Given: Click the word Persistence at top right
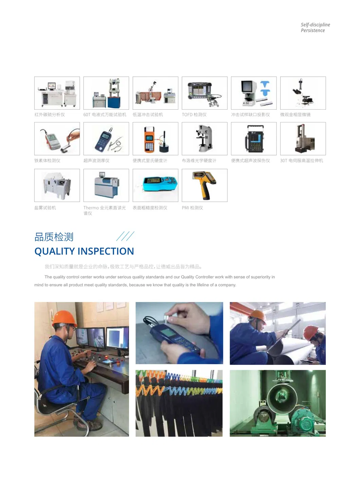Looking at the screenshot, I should pyautogui.click(x=312, y=31).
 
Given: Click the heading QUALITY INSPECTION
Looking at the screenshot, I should pyautogui.click(x=84, y=251).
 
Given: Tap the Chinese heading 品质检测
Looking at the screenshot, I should pyautogui.click(x=54, y=237).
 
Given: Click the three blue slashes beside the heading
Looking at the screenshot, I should pyautogui.click(x=125, y=236).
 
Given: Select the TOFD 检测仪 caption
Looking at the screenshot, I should pyautogui.click(x=194, y=115).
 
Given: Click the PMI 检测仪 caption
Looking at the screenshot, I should pyautogui.click(x=192, y=208).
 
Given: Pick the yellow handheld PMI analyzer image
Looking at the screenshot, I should pyautogui.click(x=204, y=185).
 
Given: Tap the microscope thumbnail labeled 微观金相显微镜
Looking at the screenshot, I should pyautogui.click(x=303, y=93).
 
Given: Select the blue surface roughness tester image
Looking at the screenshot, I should pyautogui.click(x=155, y=185).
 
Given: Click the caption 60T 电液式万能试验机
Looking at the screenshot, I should pyautogui.click(x=105, y=115).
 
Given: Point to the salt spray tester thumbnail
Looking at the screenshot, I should pyautogui.click(x=57, y=185).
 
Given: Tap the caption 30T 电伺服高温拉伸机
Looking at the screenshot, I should pyautogui.click(x=301, y=161).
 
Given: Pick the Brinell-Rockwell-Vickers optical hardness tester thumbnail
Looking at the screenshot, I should pyautogui.click(x=204, y=138).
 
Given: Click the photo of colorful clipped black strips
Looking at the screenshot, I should pyautogui.click(x=179, y=403).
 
